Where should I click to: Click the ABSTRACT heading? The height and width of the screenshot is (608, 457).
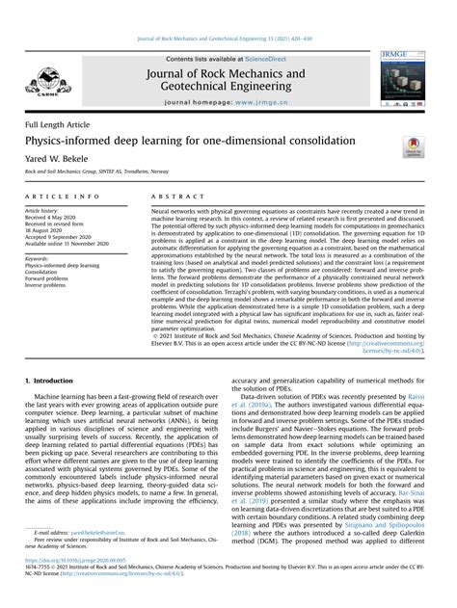click(x=177, y=196)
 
